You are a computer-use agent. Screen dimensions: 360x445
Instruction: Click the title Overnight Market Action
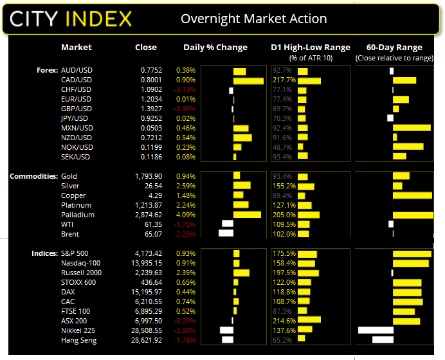pyautogui.click(x=253, y=18)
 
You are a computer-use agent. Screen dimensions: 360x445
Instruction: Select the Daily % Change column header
pyautogui.click(x=215, y=47)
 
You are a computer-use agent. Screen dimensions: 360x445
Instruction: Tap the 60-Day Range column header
pyautogui.click(x=394, y=47)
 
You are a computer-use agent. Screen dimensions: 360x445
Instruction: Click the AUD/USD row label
pyautogui.click(x=76, y=70)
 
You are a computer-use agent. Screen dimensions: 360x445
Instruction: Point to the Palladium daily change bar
pyautogui.click(x=247, y=215)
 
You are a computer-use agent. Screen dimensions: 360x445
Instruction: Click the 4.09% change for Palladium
pyautogui.click(x=185, y=215)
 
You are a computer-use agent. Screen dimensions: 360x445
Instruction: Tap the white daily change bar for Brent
pyautogui.click(x=226, y=234)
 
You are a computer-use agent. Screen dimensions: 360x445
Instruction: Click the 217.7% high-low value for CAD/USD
pyautogui.click(x=284, y=80)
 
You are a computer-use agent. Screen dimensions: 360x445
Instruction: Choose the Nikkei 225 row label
pyautogui.click(x=78, y=330)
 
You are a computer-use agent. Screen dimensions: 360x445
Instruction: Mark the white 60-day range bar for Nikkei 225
pyautogui.click(x=375, y=330)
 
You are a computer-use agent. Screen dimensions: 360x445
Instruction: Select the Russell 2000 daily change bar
pyautogui.click(x=241, y=273)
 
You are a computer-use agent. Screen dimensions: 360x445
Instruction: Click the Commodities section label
pyautogui.click(x=32, y=176)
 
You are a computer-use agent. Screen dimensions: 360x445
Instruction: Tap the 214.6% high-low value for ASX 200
pyautogui.click(x=284, y=321)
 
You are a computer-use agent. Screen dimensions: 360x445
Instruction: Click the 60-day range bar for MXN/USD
pyautogui.click(x=412, y=128)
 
